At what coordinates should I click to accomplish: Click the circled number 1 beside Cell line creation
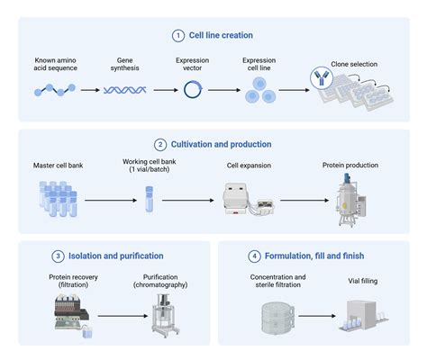coord(177,35)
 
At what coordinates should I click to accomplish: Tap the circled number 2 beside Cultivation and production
coord(159,144)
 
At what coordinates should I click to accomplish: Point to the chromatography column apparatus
coord(163,312)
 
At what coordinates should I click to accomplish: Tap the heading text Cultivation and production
coord(220,144)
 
